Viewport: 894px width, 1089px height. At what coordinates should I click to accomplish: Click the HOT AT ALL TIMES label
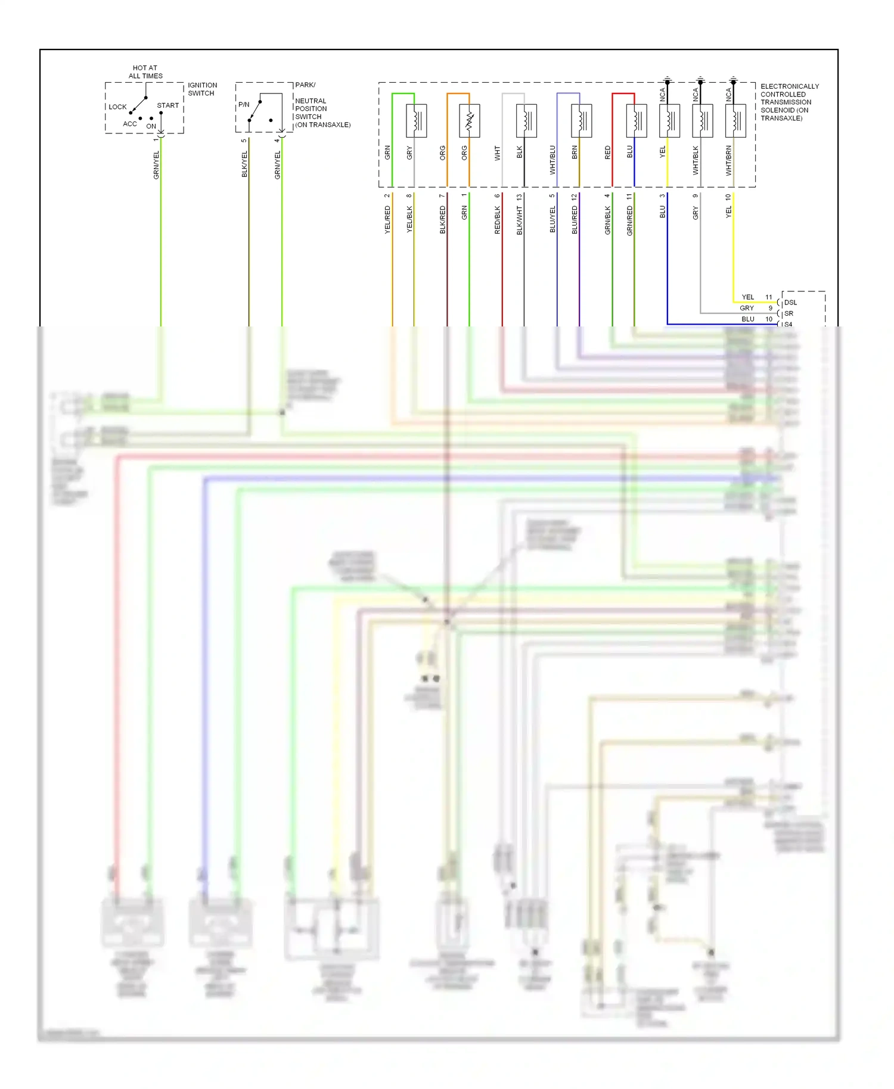(x=145, y=71)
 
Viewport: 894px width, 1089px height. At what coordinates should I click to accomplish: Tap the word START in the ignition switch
(x=167, y=105)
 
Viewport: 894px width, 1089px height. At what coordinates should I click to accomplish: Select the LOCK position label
(x=117, y=107)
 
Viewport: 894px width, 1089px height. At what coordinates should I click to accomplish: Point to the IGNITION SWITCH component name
(x=202, y=89)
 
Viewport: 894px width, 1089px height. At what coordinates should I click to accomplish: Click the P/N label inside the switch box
(x=244, y=104)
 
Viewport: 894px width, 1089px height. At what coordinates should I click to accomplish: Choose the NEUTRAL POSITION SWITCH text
(x=311, y=108)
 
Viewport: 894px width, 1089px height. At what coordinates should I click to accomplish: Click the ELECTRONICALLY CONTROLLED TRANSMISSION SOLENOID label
(x=789, y=102)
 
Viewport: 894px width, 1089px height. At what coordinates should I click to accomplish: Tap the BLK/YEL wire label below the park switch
(x=244, y=164)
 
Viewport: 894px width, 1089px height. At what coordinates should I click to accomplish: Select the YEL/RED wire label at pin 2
(x=387, y=219)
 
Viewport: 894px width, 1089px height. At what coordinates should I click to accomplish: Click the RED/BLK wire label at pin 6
(x=498, y=219)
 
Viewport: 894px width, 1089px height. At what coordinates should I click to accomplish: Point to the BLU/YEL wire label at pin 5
(x=552, y=219)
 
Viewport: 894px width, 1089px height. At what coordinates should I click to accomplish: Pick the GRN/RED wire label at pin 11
(x=630, y=220)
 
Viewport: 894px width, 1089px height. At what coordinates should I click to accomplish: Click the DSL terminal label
(x=790, y=303)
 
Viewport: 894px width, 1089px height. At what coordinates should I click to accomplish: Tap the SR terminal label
(x=789, y=313)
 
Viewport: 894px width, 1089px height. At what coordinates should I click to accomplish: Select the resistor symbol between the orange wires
(x=470, y=121)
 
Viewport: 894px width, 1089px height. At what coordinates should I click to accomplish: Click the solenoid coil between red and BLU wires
(x=637, y=121)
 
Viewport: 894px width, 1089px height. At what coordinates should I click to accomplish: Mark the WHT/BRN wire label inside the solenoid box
(x=728, y=160)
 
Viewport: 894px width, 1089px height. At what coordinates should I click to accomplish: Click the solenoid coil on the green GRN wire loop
(x=416, y=121)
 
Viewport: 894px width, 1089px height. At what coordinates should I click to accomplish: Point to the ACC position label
(x=129, y=124)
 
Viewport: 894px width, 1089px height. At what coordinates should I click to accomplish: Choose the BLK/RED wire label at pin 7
(x=443, y=219)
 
